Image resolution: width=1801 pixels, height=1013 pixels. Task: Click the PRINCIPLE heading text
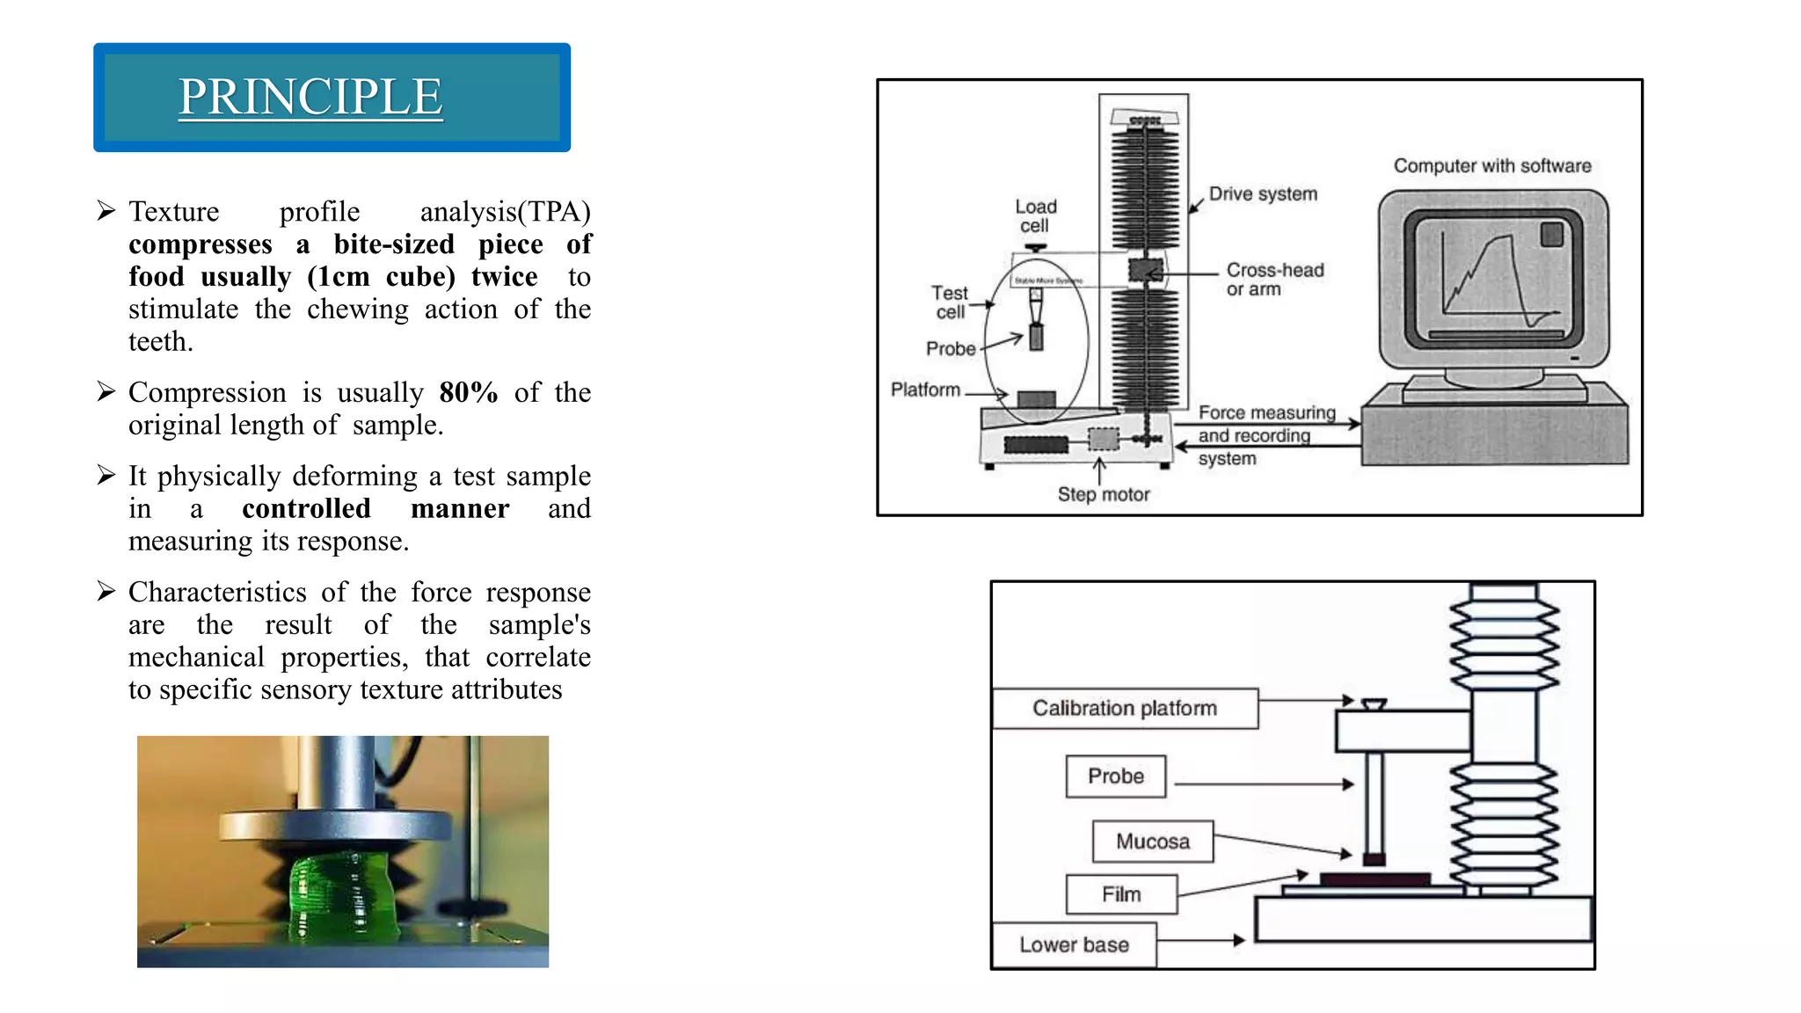310,97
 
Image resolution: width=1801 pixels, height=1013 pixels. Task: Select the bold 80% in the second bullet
468,392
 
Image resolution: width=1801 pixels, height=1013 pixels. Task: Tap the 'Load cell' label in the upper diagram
1035,215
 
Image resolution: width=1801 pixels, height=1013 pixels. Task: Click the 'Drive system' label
1262,194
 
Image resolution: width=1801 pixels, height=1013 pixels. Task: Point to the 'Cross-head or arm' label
1274,280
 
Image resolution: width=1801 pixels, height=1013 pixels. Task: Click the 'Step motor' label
1103,494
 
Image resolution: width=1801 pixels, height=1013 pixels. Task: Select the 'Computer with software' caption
1491,166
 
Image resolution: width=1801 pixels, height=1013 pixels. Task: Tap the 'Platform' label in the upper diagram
925,390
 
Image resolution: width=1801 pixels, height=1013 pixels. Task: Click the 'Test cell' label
950,302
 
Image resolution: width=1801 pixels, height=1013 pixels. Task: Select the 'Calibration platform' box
1125,709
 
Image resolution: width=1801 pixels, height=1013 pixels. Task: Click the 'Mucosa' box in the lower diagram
1152,842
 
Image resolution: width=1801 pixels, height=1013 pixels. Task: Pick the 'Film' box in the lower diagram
1121,894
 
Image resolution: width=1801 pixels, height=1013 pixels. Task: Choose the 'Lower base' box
1074,944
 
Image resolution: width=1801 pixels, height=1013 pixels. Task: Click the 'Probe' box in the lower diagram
1115,776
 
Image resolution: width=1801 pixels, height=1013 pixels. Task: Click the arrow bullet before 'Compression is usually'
106,392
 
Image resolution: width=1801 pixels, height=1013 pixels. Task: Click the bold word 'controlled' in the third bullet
306,508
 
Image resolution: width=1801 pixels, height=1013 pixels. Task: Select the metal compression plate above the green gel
334,827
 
